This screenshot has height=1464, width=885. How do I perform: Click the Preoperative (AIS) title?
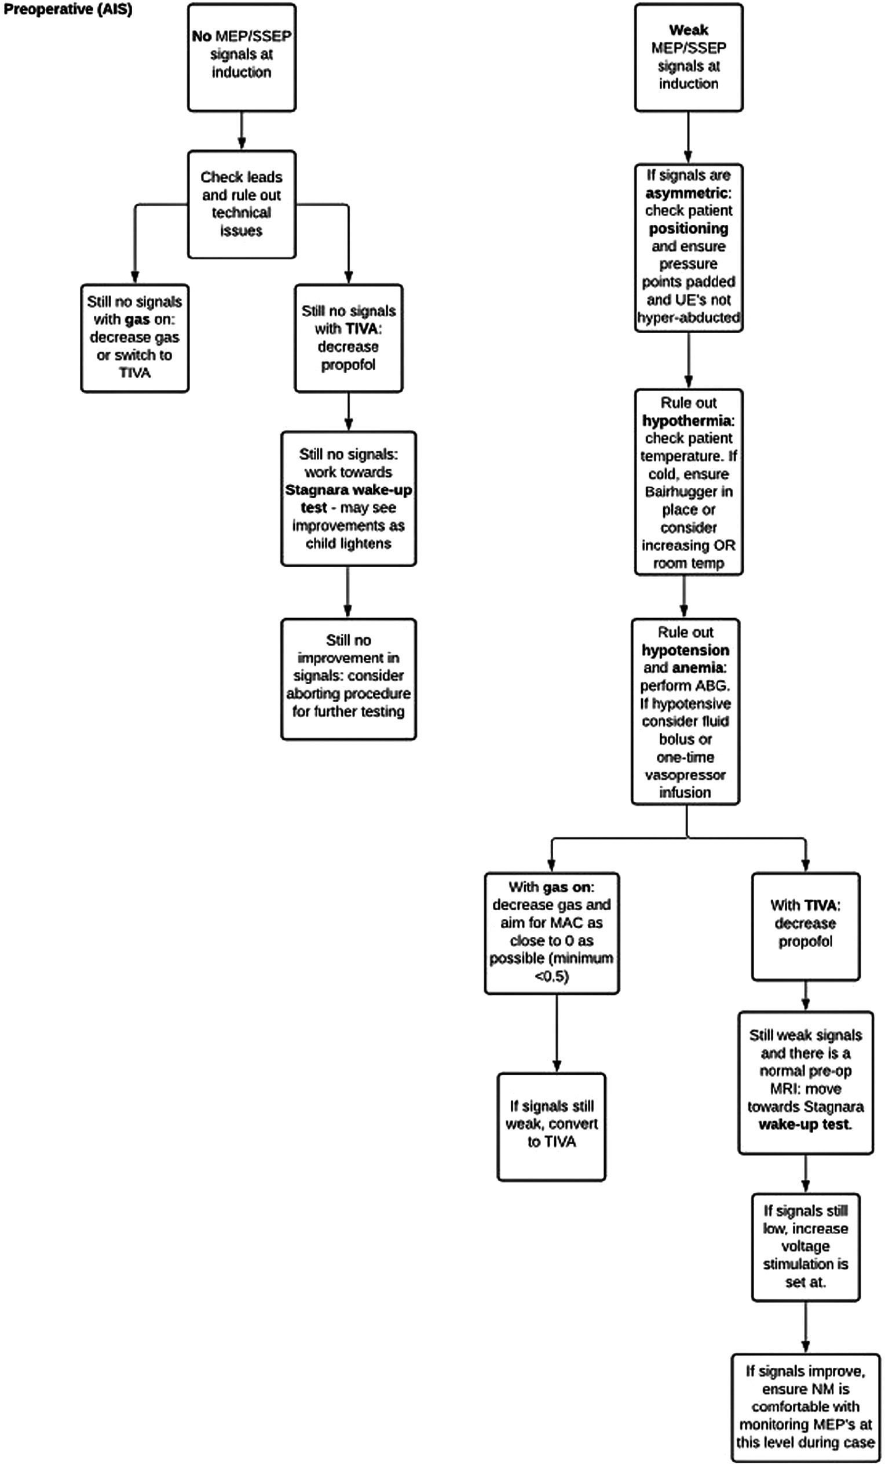[x=68, y=9]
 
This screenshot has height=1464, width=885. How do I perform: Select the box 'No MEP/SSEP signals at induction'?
[x=242, y=57]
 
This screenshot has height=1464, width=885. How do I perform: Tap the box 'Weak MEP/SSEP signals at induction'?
[x=689, y=57]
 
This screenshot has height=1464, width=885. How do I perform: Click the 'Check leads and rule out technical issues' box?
[x=242, y=204]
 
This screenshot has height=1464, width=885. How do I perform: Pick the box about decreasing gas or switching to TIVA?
[x=135, y=338]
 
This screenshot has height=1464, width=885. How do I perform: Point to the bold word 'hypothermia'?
[x=687, y=421]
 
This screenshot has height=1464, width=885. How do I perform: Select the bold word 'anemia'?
[x=703, y=668]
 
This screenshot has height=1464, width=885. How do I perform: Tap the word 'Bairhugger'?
[x=689, y=492]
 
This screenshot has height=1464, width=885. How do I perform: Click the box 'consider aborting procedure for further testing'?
[x=349, y=678]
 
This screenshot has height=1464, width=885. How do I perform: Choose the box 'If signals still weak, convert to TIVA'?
[x=552, y=1126]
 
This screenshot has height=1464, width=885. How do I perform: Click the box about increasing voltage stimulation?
[x=806, y=1247]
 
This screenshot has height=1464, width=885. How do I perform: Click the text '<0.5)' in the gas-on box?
[x=552, y=976]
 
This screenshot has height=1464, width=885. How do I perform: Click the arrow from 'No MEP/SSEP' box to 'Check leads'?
[x=242, y=131]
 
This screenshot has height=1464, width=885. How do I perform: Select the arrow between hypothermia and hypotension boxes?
[x=683, y=597]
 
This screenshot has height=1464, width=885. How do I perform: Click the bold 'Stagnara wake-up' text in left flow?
[x=349, y=490]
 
